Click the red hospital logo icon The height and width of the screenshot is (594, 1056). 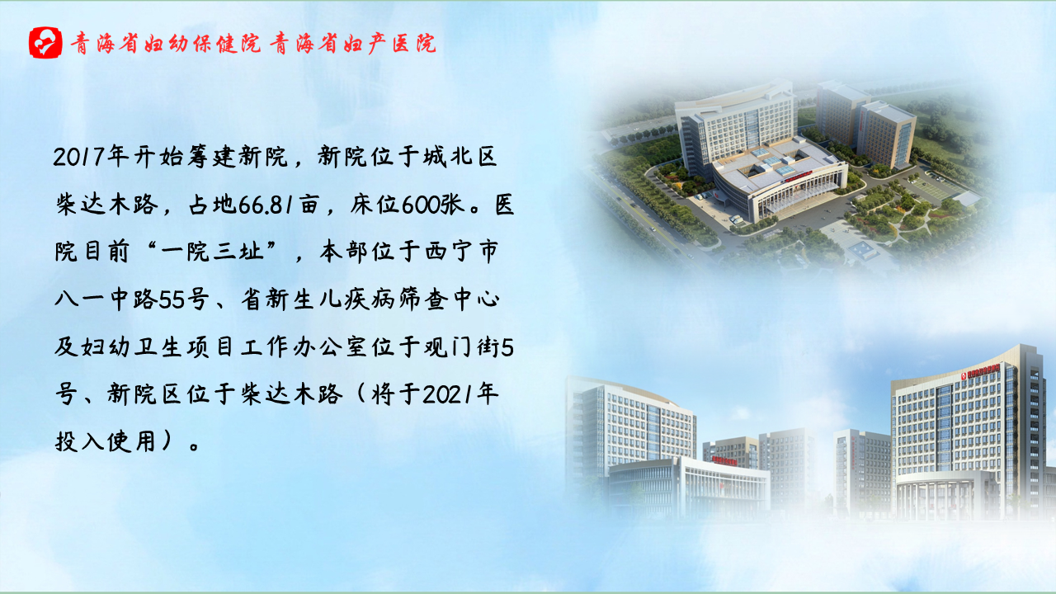(x=45, y=42)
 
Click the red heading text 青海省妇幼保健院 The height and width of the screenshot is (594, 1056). (x=166, y=44)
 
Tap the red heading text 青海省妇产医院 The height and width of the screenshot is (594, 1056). (x=353, y=44)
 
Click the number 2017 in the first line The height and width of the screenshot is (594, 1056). (x=78, y=157)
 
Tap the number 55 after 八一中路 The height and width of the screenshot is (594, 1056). (x=170, y=299)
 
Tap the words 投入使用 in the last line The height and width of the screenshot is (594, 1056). (x=106, y=442)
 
